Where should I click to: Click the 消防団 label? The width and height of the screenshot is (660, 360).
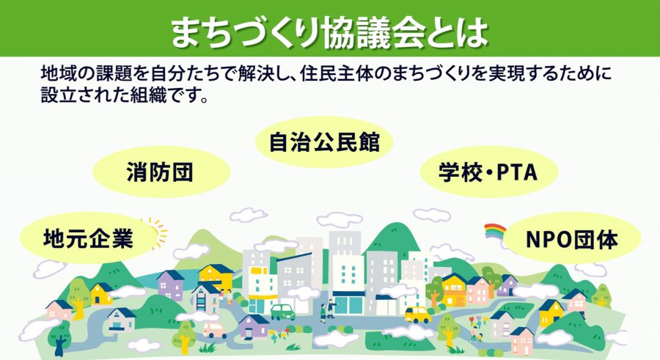coord(161,172)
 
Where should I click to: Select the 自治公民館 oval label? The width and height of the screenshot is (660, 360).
coord(324,142)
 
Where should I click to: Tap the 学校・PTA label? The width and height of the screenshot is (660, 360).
coord(488,172)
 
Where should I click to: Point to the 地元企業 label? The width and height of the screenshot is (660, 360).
coord(87,238)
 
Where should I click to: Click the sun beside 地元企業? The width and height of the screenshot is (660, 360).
coord(155,232)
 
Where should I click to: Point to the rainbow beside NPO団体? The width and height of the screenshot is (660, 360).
coord(496,232)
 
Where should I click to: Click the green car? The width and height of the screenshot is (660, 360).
coord(282,312)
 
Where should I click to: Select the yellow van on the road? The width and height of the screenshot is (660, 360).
coord(417,315)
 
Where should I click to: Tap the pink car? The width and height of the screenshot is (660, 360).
coord(215,330)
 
